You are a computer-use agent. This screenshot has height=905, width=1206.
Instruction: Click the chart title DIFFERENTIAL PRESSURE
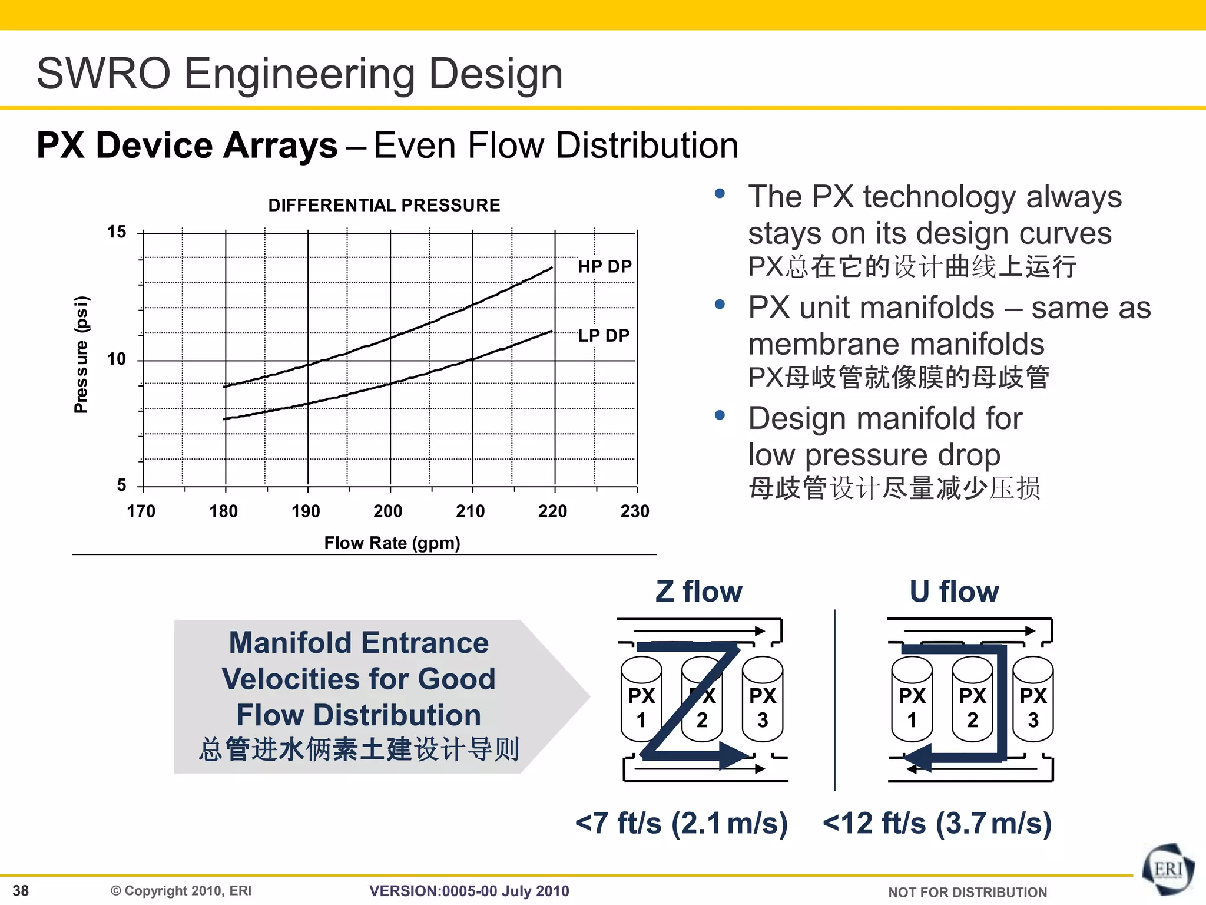pyautogui.click(x=384, y=205)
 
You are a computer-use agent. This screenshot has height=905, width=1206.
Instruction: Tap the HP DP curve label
pyautogui.click(x=604, y=266)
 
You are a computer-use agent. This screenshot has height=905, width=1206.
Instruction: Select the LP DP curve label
pyautogui.click(x=604, y=335)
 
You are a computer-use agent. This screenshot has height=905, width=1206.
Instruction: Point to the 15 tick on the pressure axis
pyautogui.click(x=117, y=232)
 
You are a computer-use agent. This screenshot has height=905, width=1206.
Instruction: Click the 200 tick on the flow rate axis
pyautogui.click(x=388, y=511)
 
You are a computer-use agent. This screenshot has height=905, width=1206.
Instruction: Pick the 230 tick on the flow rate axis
pyautogui.click(x=635, y=511)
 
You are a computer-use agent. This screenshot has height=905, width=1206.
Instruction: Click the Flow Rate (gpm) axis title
pyautogui.click(x=392, y=543)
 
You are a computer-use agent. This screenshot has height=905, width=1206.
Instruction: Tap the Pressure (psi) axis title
pyautogui.click(x=81, y=355)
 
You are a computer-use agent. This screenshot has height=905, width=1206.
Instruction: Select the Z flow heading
pyautogui.click(x=699, y=592)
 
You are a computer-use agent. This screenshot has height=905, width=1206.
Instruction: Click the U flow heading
pyautogui.click(x=954, y=592)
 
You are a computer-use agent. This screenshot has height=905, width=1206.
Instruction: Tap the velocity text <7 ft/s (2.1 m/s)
pyautogui.click(x=681, y=823)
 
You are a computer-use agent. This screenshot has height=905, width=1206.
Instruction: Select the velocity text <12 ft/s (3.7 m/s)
pyautogui.click(x=937, y=823)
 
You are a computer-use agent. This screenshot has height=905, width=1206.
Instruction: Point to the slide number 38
pyautogui.click(x=21, y=890)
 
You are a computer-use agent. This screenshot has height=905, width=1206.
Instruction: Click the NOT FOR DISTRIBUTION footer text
pyautogui.click(x=968, y=892)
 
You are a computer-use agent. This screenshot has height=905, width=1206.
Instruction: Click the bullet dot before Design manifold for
pyautogui.click(x=719, y=415)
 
